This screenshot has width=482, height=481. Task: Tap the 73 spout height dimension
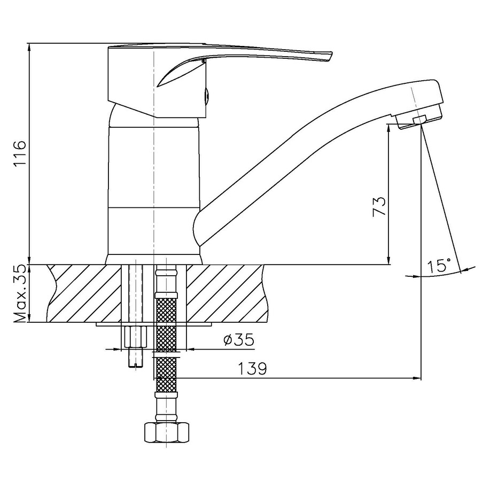379,206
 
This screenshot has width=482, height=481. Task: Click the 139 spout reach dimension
252,368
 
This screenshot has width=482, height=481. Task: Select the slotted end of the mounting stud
136,364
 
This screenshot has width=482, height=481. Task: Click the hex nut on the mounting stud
136,337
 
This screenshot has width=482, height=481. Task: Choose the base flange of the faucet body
154,259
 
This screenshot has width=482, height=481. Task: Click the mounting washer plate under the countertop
154,324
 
